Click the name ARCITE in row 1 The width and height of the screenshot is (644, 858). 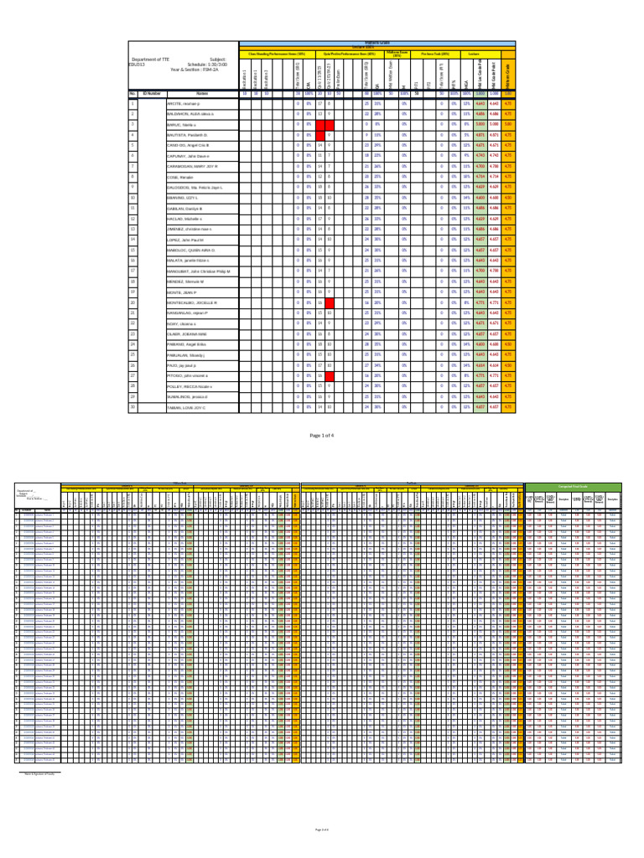[179, 103]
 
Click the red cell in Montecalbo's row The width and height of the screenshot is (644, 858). [330, 302]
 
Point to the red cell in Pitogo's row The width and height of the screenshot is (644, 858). [330, 376]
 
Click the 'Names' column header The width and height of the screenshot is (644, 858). [201, 93]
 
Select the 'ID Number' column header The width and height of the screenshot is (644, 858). [152, 93]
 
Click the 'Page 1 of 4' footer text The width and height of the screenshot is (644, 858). [322, 437]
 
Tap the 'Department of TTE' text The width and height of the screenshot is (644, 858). [151, 59]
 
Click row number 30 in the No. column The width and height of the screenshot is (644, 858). [132, 407]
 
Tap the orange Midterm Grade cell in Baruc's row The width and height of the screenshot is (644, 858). [509, 124]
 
